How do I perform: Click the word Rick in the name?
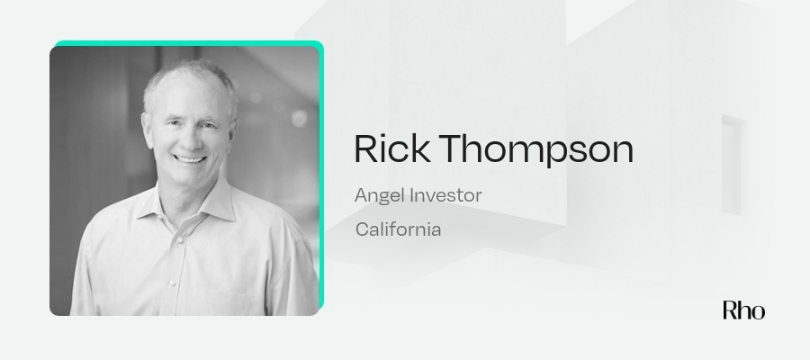point(391,148)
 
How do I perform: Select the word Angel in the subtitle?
point(380,196)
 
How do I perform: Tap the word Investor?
point(445,195)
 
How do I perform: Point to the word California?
point(399,229)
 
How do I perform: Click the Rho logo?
point(744,310)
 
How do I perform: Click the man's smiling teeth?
point(190,159)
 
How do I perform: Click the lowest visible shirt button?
point(173,283)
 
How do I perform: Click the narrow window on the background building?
point(732,165)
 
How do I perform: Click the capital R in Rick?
point(366,148)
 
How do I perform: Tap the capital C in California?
point(363,229)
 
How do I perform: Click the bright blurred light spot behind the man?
point(300,118)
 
